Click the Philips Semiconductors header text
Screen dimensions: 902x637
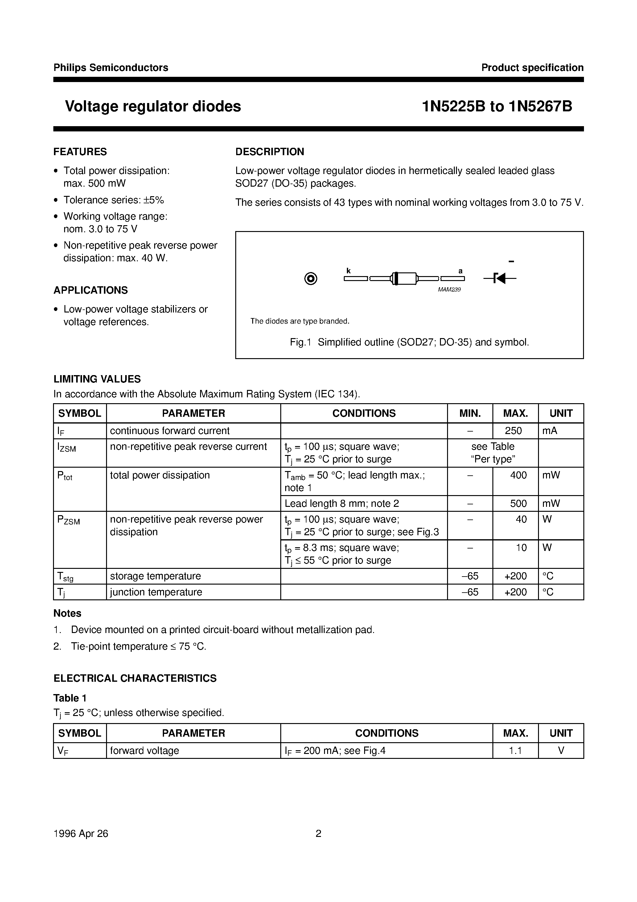pyautogui.click(x=111, y=68)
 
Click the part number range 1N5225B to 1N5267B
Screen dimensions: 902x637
pyautogui.click(x=497, y=106)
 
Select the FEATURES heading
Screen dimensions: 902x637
pyautogui.click(x=80, y=152)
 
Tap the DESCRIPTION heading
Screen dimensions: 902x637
pyautogui.click(x=269, y=152)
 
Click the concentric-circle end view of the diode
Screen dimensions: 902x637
pyautogui.click(x=311, y=279)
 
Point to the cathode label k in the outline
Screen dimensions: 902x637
pyautogui.click(x=348, y=271)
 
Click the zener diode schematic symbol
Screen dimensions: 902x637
pyautogui.click(x=499, y=279)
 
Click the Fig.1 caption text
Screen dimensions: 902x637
pyautogui.click(x=409, y=342)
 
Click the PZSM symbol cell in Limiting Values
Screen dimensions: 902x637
pyautogui.click(x=69, y=520)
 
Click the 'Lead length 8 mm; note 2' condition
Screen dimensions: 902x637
pyautogui.click(x=342, y=503)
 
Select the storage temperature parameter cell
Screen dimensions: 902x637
pyautogui.click(x=155, y=576)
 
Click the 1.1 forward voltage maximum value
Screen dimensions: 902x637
pyautogui.click(x=515, y=750)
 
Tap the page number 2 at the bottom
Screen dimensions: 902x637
pyautogui.click(x=318, y=833)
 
